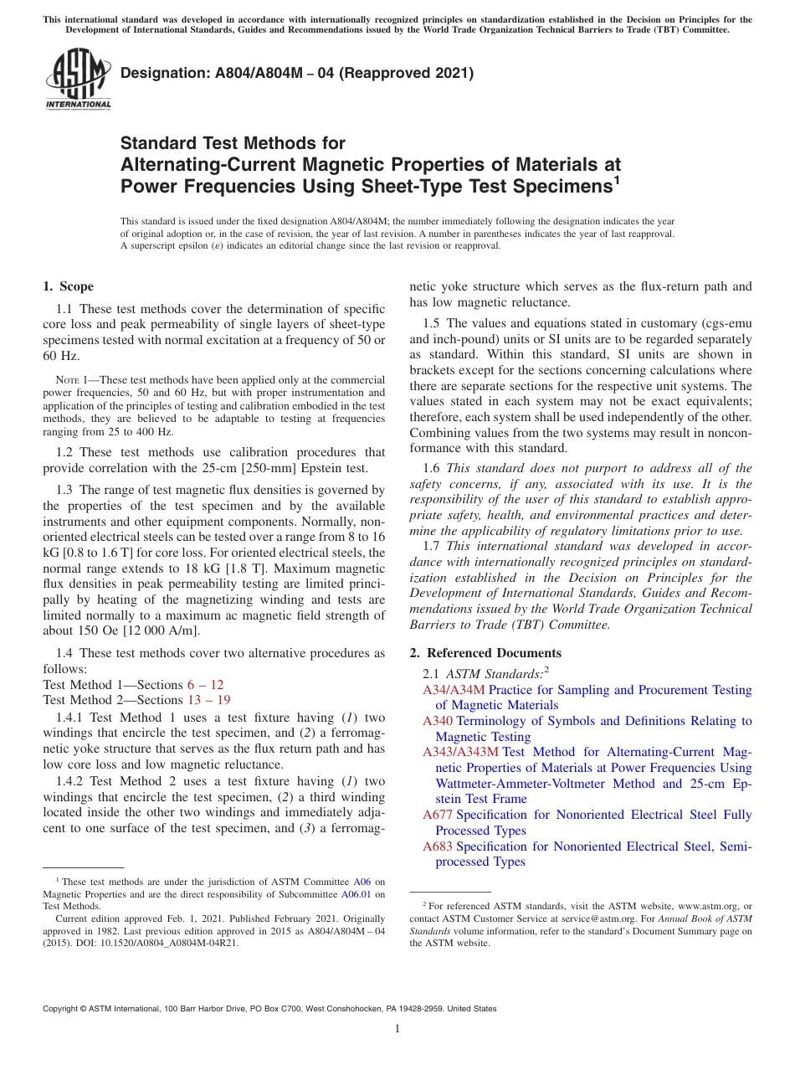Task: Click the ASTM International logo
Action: pos(78,80)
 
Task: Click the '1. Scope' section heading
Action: pos(68,286)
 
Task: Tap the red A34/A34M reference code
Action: pos(454,690)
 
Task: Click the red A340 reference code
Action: pos(438,721)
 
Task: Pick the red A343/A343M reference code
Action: pos(460,753)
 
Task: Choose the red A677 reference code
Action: pos(438,815)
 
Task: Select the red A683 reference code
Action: pos(438,846)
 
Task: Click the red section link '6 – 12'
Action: pos(205,685)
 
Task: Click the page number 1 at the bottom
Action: pos(397,1029)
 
